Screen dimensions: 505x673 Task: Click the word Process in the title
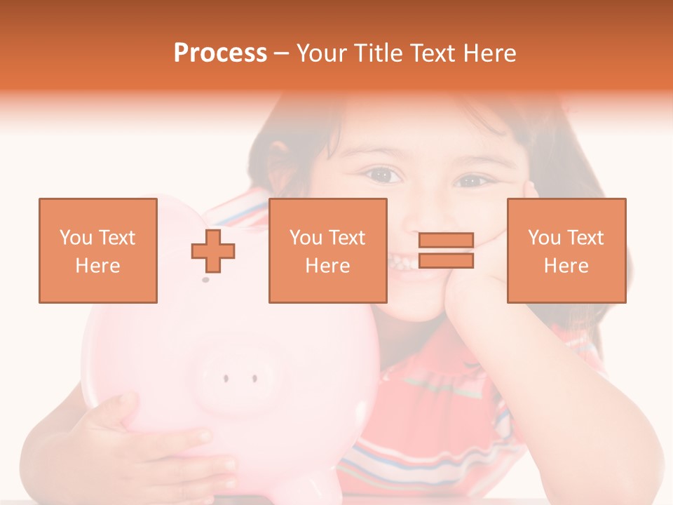click(x=220, y=53)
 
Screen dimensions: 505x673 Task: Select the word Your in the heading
click(x=320, y=53)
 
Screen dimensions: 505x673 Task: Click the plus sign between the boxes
click(x=213, y=251)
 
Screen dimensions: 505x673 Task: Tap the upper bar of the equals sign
click(x=446, y=241)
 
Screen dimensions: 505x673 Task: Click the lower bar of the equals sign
click(x=446, y=261)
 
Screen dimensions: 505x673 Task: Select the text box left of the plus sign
click(x=97, y=250)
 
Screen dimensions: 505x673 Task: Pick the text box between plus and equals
click(x=327, y=250)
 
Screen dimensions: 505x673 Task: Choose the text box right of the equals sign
click(x=566, y=250)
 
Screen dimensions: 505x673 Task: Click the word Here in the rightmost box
click(x=566, y=266)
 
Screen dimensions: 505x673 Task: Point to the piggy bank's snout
click(x=238, y=379)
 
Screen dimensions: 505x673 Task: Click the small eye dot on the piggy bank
click(x=205, y=280)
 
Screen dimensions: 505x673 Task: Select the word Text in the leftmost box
click(x=118, y=238)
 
